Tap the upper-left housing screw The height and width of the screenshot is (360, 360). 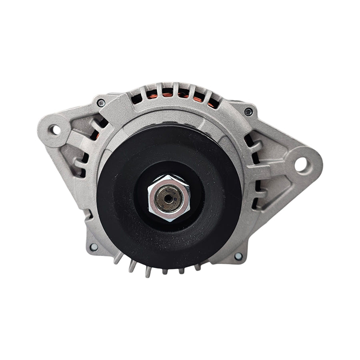(x=101, y=103)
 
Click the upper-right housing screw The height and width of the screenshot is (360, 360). (x=248, y=112)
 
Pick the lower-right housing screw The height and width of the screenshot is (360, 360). (x=238, y=256)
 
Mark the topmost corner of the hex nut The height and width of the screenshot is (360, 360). (x=170, y=174)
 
